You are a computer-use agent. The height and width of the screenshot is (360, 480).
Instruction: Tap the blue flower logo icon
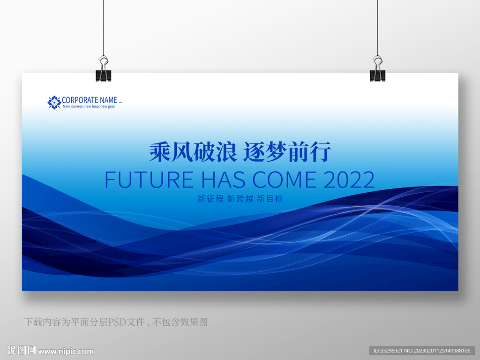[54, 102]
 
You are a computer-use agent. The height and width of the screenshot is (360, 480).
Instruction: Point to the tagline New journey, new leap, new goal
[89, 106]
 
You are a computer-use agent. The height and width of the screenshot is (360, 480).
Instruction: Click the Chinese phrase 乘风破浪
[193, 151]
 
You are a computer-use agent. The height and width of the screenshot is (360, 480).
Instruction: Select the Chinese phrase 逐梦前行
[287, 151]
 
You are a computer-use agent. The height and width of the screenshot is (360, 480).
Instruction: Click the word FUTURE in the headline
[149, 180]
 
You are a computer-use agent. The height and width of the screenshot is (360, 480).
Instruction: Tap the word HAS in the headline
[224, 180]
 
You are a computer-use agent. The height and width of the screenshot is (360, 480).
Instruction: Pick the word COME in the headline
[285, 180]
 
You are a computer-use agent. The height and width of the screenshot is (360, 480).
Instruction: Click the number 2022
[349, 180]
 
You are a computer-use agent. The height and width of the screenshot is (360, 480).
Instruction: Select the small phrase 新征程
[210, 199]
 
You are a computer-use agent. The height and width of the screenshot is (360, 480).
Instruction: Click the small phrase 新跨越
[240, 199]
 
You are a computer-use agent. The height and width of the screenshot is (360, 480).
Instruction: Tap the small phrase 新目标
[270, 199]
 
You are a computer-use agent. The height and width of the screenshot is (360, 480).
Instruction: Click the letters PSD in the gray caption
[116, 322]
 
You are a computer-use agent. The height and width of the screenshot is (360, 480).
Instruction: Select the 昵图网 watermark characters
[22, 350]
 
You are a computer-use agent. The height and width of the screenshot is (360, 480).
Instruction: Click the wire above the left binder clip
[103, 28]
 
